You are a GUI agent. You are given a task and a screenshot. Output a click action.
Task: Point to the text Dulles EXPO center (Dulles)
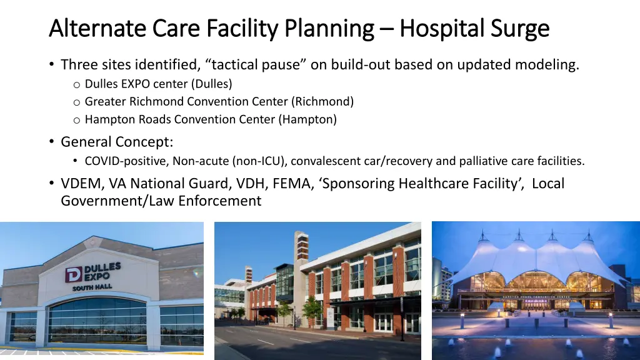pyautogui.click(x=158, y=84)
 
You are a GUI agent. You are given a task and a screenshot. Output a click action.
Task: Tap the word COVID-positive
pyautogui.click(x=127, y=161)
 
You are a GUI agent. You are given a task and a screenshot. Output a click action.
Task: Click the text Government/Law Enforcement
pyautogui.click(x=161, y=201)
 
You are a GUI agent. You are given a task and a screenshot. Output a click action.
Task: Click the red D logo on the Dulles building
pyautogui.click(x=74, y=274)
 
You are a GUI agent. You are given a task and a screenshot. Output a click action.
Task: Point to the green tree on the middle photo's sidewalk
pyautogui.click(x=312, y=309)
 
